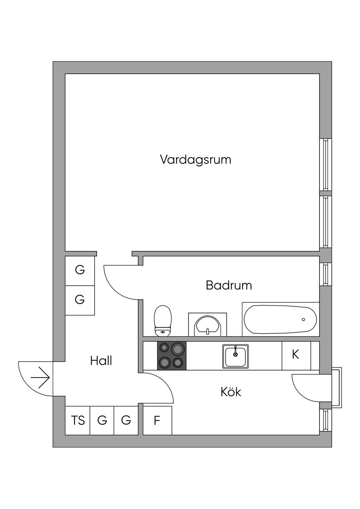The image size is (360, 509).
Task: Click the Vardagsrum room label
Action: click(195, 160)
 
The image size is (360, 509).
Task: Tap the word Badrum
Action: click(229, 285)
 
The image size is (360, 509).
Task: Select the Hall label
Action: click(101, 361)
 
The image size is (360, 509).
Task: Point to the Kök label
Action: click(231, 392)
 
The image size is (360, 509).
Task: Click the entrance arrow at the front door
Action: click(40, 378)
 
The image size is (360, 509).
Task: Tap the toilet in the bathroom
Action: click(162, 321)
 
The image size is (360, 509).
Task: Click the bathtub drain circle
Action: click(303, 320)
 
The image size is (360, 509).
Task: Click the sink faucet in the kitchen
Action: click(236, 351)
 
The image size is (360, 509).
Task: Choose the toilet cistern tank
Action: click(162, 332)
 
